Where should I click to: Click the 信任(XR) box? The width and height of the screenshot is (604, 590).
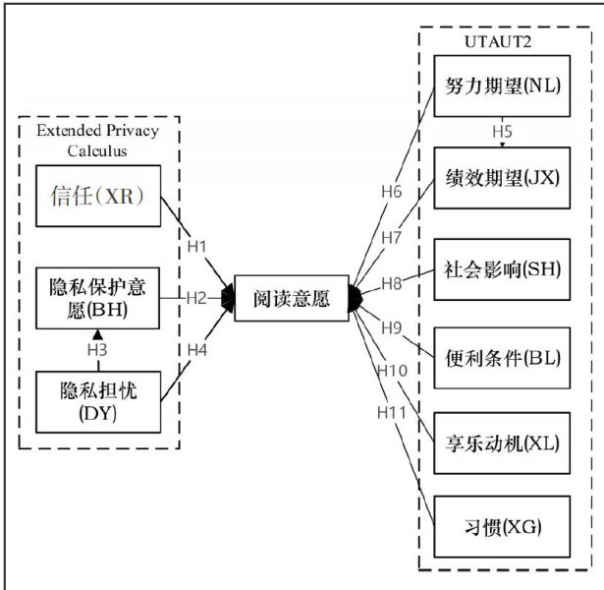point(97,197)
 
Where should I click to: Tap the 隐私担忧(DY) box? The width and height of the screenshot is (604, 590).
point(97,402)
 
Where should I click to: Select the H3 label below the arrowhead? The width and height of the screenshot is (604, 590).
point(97,350)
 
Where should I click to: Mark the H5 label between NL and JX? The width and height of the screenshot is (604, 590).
point(502,132)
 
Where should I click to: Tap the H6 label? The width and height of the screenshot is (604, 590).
point(391,191)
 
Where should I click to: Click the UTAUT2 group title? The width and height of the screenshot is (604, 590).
point(493,45)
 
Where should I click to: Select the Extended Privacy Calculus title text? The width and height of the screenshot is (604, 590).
point(97,140)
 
